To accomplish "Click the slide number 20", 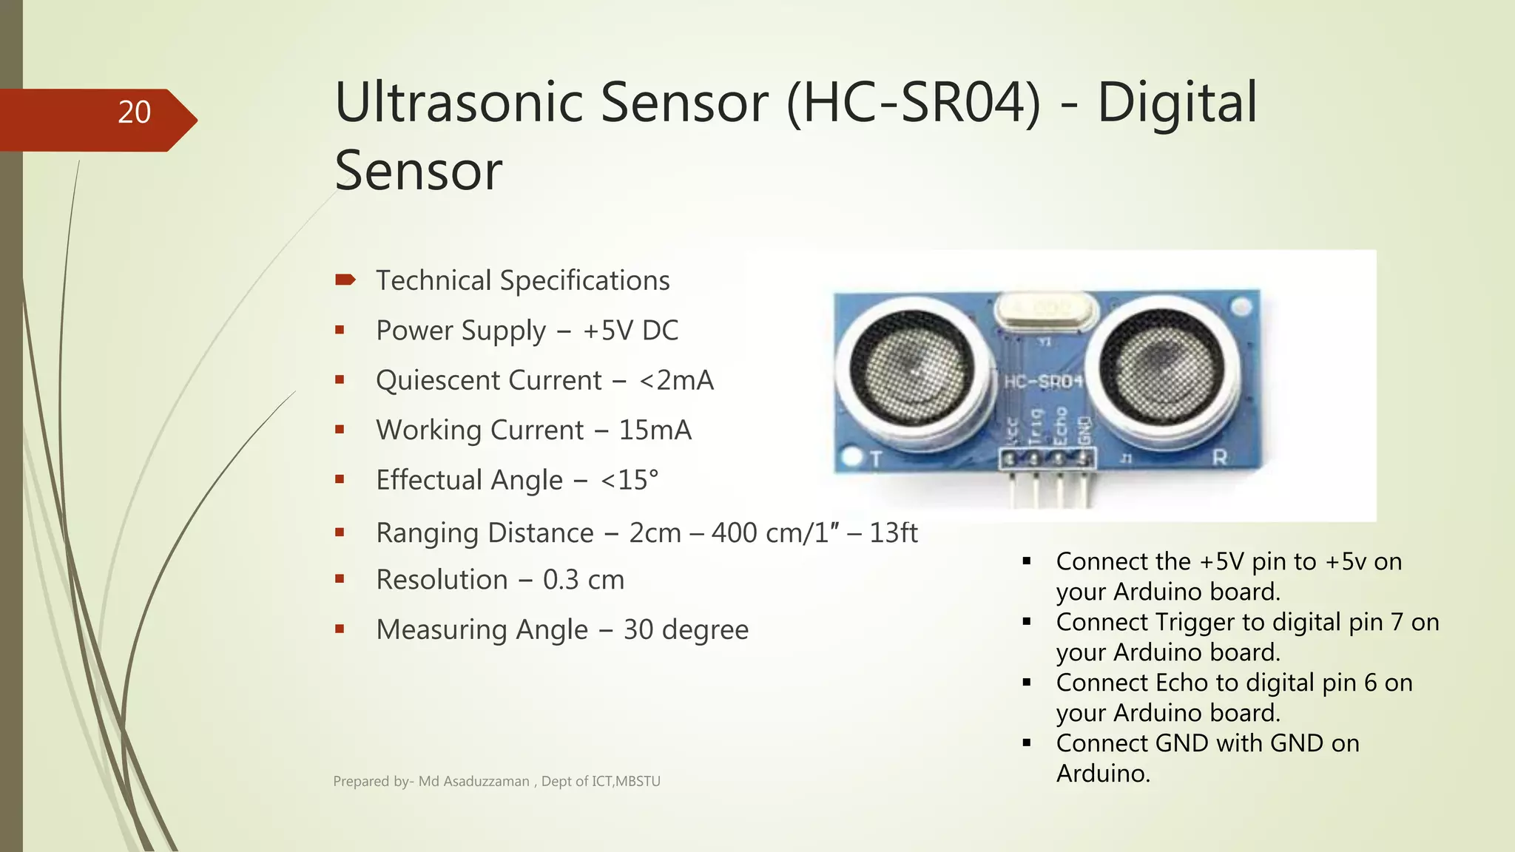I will pyautogui.click(x=134, y=112).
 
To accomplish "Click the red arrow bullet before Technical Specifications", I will pyautogui.click(x=345, y=280).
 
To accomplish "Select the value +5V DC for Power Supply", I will pyautogui.click(x=630, y=331).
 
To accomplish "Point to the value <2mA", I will pyautogui.click(x=676, y=380).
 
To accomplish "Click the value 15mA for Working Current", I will pyautogui.click(x=655, y=430).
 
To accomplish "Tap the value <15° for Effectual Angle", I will pyautogui.click(x=629, y=480).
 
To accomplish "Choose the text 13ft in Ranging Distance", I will pyautogui.click(x=893, y=532).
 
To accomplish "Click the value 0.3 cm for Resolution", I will pyautogui.click(x=584, y=580).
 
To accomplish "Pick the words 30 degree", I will pyautogui.click(x=686, y=629).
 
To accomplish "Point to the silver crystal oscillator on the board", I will pyautogui.click(x=1045, y=309).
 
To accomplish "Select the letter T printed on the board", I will pyautogui.click(x=876, y=459).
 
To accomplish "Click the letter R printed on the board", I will pyautogui.click(x=1219, y=458).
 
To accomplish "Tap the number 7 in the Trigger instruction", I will pyautogui.click(x=1396, y=622).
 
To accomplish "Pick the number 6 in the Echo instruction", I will pyautogui.click(x=1370, y=683).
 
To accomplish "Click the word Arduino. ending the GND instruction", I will pyautogui.click(x=1103, y=774).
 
